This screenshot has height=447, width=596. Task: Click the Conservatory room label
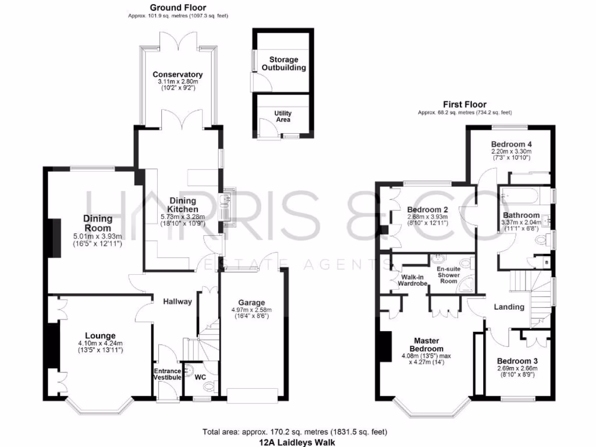178,74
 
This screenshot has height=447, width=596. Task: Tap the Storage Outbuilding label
283,63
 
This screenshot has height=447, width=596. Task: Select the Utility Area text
283,116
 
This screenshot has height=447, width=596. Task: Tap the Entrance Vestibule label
167,374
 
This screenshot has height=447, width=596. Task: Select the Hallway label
177,301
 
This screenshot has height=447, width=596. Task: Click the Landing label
509,307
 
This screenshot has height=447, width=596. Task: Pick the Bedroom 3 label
517,361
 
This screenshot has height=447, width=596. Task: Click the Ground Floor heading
178,8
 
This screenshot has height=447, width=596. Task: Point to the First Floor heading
464,104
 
